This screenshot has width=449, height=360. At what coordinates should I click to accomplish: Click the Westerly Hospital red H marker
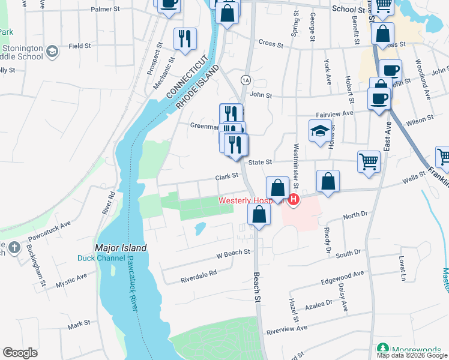point(294,200)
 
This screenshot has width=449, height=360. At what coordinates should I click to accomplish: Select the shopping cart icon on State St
point(369,161)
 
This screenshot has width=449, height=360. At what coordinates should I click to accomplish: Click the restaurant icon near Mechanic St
point(184,39)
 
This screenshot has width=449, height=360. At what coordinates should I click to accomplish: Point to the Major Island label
point(121,247)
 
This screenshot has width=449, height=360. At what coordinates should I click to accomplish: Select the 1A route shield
point(245,80)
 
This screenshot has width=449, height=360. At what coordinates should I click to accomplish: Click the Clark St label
point(228,176)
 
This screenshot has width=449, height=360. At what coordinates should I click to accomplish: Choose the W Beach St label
point(233,253)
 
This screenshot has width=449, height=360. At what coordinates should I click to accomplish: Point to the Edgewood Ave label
point(343,274)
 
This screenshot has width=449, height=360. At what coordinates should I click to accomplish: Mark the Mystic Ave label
point(71,280)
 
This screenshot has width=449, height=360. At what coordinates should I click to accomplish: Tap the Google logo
point(20,353)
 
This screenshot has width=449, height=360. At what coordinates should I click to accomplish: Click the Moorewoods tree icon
point(382,349)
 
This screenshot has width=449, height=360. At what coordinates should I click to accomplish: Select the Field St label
point(79,46)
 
